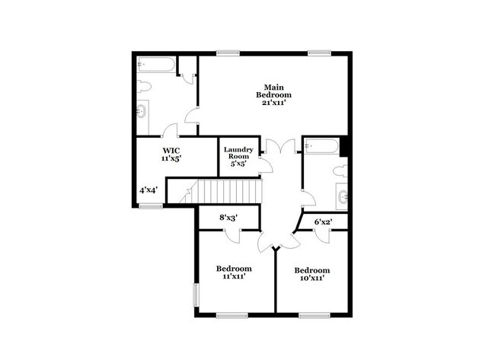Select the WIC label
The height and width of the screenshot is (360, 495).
pyautogui.click(x=170, y=151)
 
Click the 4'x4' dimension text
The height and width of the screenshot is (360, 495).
pyautogui.click(x=148, y=190)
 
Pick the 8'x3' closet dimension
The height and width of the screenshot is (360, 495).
pyautogui.click(x=228, y=218)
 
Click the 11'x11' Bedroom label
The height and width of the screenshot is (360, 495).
pyautogui.click(x=233, y=273)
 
